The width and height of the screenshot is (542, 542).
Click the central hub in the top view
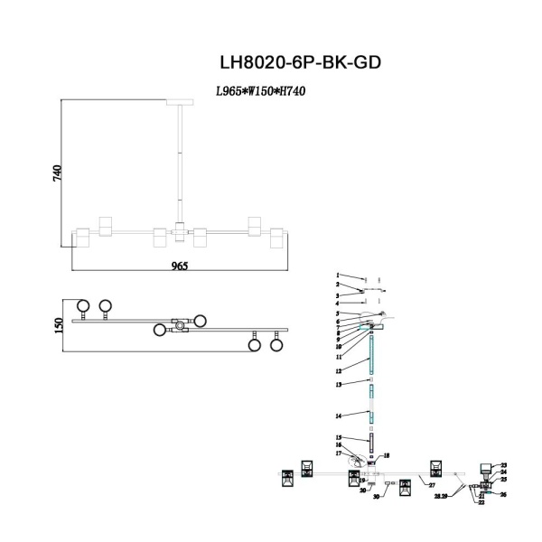pyautogui.click(x=181, y=323)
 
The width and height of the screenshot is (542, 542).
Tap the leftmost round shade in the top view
pyautogui.click(x=83, y=306)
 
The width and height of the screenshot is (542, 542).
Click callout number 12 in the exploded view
pyautogui.click(x=338, y=371)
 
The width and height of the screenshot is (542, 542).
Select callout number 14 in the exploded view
pyautogui.click(x=338, y=416)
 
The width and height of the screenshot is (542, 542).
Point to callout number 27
pyautogui.click(x=432, y=486)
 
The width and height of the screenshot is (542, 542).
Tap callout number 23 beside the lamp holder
pyautogui.click(x=504, y=464)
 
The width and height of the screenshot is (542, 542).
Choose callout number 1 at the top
pyautogui.click(x=338, y=275)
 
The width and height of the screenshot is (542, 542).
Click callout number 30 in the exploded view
pyautogui.click(x=377, y=497)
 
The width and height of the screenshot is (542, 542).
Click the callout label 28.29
pyautogui.click(x=441, y=496)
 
